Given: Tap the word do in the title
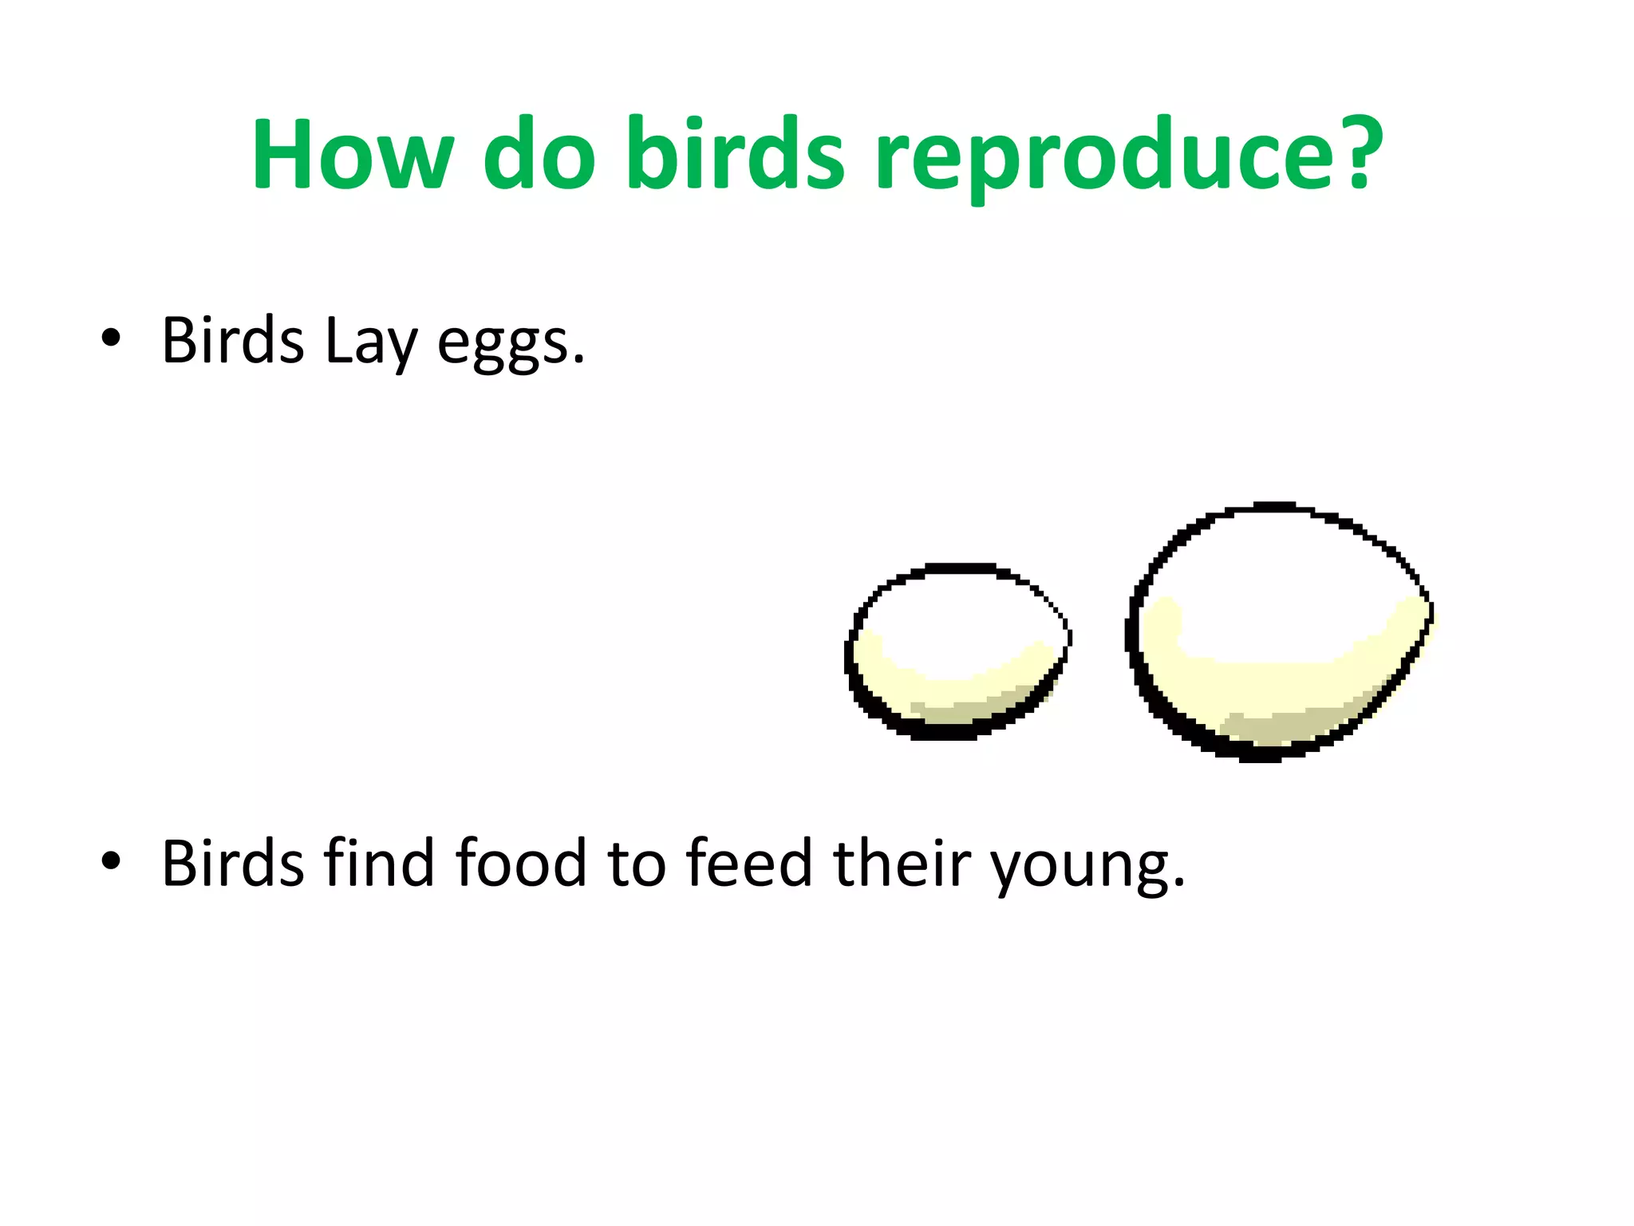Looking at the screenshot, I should coord(539,153).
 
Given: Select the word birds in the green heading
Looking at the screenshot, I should coord(735,153).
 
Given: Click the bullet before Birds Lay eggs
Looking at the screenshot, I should coord(111,338).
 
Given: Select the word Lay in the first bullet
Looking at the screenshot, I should coord(370,342).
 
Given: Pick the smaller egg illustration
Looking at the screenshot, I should coord(957,651).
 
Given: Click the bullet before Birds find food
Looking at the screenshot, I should coord(111,861).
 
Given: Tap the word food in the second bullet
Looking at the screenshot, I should coord(520,863).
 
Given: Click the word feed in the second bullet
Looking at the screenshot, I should coord(748,863).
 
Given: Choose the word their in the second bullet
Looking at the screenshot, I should coord(902,863).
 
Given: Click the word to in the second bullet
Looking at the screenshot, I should coord(637,864).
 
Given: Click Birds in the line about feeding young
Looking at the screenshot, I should coord(232,863).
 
